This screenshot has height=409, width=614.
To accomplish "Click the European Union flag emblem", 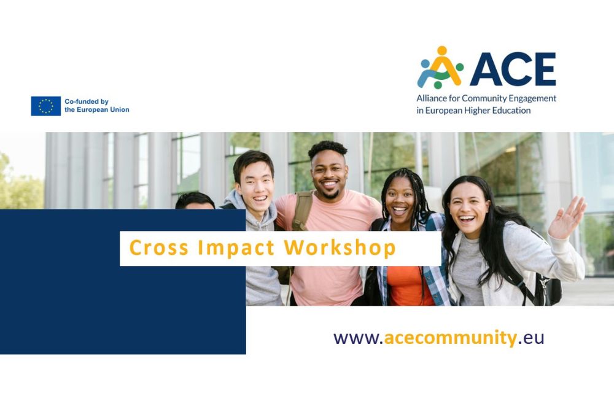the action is click(46, 106).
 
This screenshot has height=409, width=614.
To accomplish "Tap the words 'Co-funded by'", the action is click(87, 101).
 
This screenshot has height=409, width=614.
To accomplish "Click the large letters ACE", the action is click(513, 69).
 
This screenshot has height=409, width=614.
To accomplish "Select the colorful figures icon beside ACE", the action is click(440, 67).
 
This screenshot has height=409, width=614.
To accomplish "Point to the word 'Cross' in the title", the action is click(159, 247).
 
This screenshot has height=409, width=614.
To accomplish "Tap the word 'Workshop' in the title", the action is click(340, 248).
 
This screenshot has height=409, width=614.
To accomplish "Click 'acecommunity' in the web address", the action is click(450, 338).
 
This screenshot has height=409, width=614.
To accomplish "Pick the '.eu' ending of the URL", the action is click(531, 338).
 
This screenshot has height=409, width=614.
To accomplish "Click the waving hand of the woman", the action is click(567, 217).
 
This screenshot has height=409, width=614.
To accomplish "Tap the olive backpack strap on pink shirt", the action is click(302, 211).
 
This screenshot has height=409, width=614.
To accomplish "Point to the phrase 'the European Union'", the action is click(97, 110).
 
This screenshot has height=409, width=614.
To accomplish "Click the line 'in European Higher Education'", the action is click(473, 111).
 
